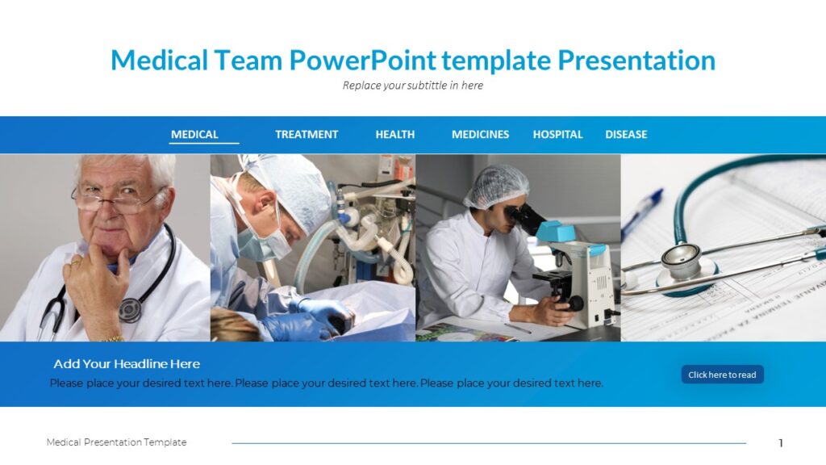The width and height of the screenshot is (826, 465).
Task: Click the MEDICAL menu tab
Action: [x=194, y=135]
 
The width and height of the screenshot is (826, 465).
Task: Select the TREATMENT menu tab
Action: [x=307, y=135]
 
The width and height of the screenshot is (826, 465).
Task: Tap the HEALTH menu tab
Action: [x=395, y=135]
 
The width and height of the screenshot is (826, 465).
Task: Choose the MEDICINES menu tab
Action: [x=480, y=135]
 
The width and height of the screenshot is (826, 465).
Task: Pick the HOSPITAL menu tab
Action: [x=557, y=135]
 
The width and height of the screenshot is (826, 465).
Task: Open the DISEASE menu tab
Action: [x=626, y=135]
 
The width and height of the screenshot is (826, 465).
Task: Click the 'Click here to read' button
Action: [x=722, y=375]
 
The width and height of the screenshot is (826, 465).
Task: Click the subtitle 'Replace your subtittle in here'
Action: [x=412, y=86]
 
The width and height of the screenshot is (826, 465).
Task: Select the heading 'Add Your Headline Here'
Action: [x=127, y=364]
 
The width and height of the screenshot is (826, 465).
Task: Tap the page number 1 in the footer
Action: [x=781, y=442]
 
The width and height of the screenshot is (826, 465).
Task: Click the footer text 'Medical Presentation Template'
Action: [x=116, y=442]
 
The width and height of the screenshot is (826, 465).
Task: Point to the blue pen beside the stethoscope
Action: [x=643, y=212]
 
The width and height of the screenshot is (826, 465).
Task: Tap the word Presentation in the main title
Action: [x=636, y=61]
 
